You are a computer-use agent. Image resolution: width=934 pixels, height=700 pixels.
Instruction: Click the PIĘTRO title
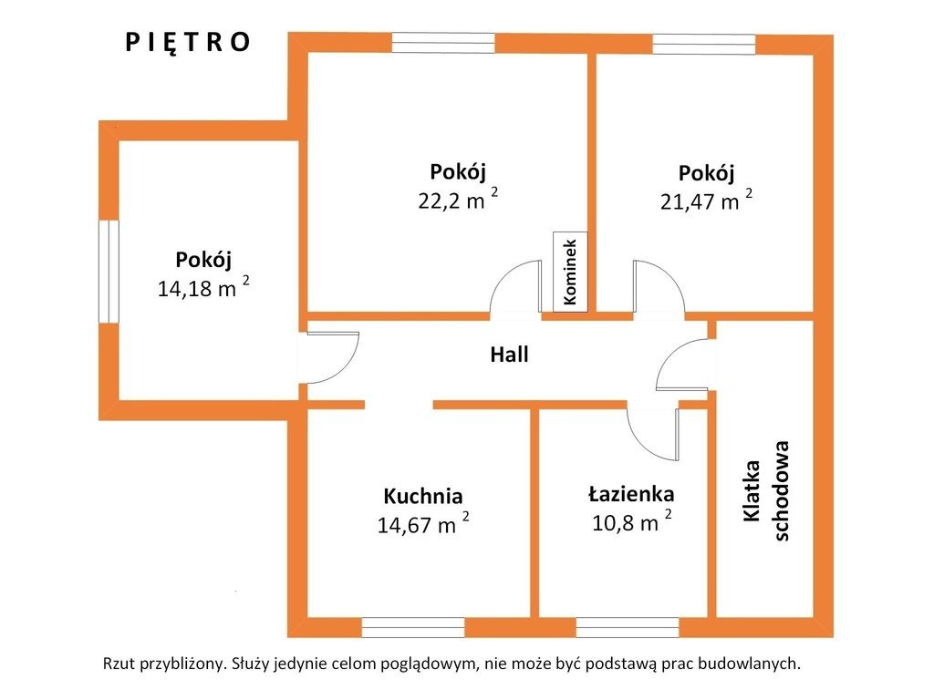[188, 43]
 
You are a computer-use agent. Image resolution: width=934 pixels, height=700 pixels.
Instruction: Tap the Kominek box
[570, 272]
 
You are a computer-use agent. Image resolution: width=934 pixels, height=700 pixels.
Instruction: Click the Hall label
[509, 355]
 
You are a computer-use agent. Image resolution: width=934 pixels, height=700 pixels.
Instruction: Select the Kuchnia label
[423, 496]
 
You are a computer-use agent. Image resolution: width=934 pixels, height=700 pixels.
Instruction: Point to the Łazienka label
[631, 494]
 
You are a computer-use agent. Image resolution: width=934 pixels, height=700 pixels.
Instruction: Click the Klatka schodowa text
[766, 491]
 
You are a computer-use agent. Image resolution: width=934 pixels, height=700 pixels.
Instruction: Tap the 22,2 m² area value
[458, 200]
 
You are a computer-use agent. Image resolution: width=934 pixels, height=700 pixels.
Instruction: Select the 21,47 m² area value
[706, 201]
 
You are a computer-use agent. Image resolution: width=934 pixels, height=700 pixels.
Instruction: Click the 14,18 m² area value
[203, 287]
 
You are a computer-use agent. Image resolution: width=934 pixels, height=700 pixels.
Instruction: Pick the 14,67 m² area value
[423, 524]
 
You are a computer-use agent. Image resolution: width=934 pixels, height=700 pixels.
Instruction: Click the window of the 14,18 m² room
[109, 272]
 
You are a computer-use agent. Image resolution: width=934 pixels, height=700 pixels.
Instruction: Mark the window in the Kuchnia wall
[413, 627]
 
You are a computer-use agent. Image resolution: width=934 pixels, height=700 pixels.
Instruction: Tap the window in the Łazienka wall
[628, 627]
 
